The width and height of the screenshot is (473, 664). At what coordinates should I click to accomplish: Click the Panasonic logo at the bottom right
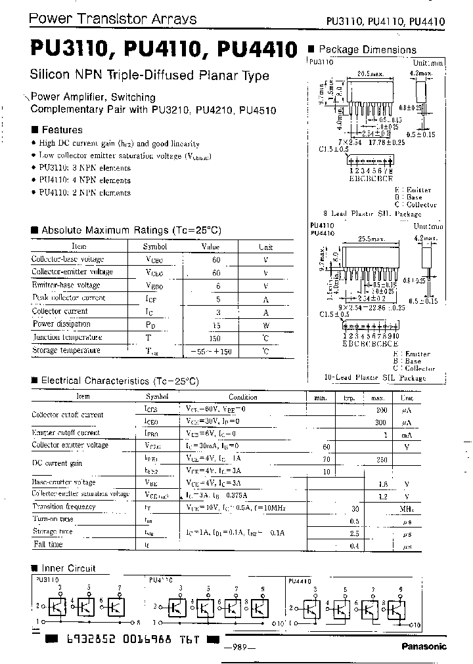tap(424, 646)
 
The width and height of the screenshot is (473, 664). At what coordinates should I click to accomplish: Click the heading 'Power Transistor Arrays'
tap(112, 19)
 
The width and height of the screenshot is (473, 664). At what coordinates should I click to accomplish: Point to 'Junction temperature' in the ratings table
tap(67, 337)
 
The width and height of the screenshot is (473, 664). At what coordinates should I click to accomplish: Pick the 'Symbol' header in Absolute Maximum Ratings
tap(155, 247)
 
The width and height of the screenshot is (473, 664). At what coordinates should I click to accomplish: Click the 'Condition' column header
tap(243, 397)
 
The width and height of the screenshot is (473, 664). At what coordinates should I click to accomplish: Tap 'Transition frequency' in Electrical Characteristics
tap(64, 507)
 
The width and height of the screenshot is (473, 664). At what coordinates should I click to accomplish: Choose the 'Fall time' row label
tap(48, 545)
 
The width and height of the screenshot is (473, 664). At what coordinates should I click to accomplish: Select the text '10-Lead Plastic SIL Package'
tap(375, 378)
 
